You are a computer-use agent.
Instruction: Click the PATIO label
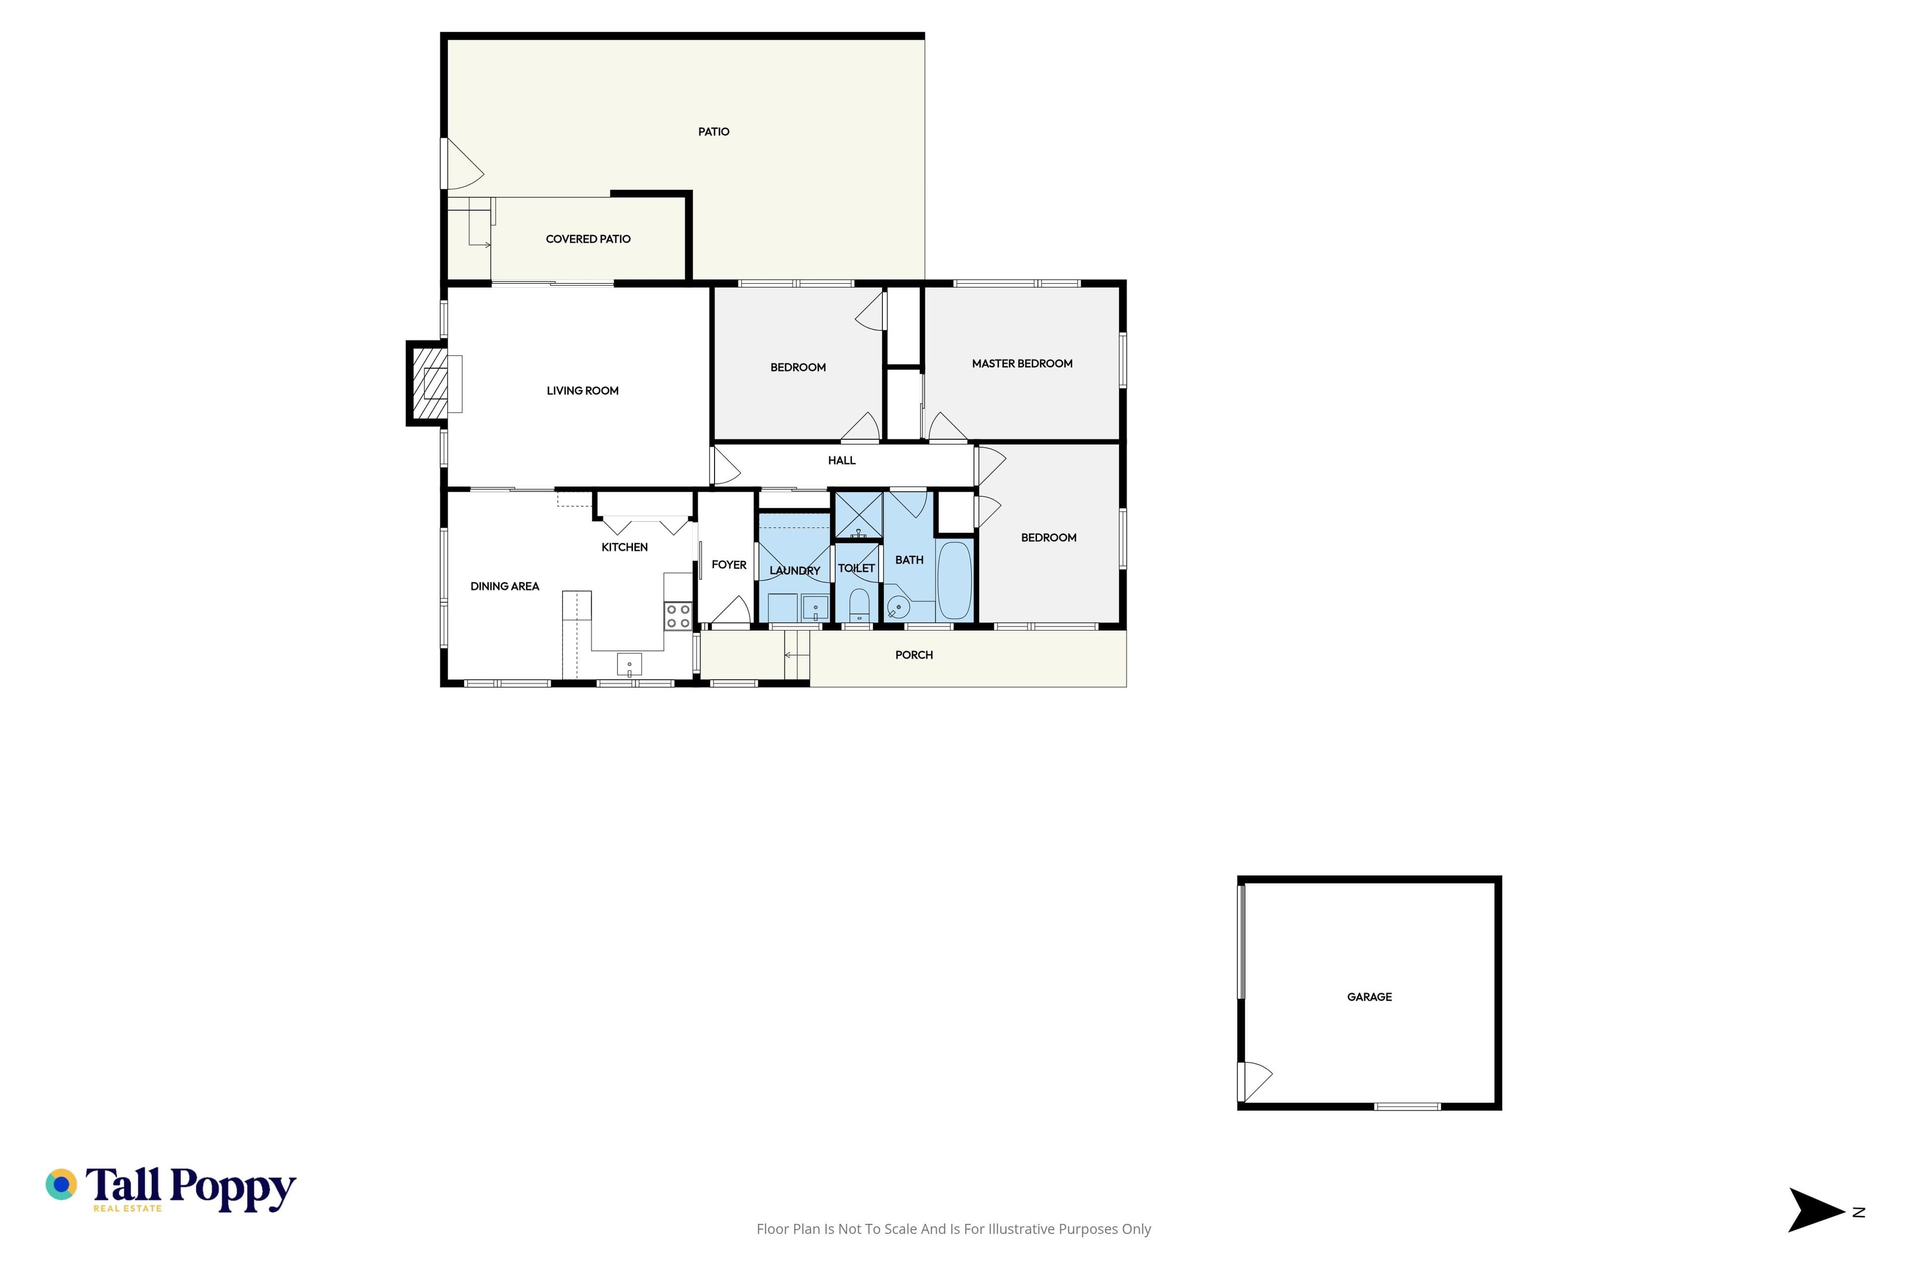coord(714,131)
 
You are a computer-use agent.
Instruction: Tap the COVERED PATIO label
coord(588,238)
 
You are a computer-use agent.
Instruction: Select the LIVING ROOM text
coord(582,390)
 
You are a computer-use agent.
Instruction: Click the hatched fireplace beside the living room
coord(430,383)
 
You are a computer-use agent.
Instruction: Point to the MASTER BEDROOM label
coord(1022,363)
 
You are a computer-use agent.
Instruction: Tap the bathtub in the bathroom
coord(954,580)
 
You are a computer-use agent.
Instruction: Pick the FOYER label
coord(728,564)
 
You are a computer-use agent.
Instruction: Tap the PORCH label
coord(914,655)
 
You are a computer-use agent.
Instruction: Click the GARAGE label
coord(1369,997)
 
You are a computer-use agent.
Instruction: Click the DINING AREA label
coord(505,586)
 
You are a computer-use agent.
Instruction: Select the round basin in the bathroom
coord(898,607)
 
